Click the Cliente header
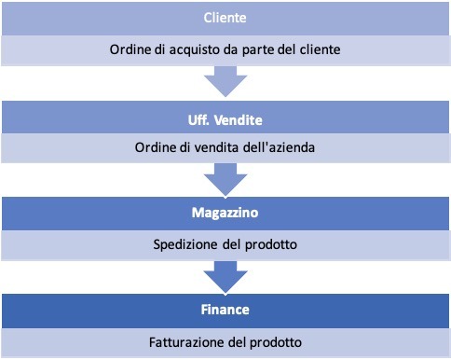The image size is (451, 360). click(x=226, y=19)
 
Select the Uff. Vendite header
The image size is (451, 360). click(x=225, y=119)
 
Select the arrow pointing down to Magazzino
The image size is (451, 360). click(x=225, y=177)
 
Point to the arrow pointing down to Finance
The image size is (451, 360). click(x=225, y=274)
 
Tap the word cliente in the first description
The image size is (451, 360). click(x=321, y=49)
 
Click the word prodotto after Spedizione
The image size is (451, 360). click(x=275, y=245)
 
